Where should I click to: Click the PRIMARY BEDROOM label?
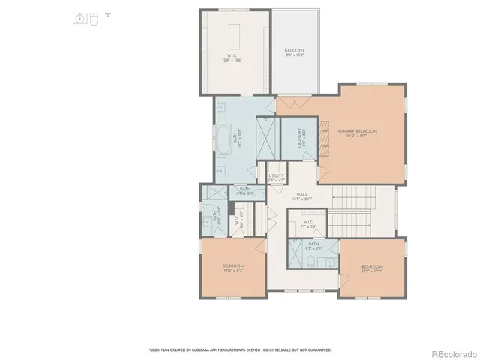[357, 130]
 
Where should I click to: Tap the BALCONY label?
[293, 51]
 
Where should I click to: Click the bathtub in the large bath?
[223, 139]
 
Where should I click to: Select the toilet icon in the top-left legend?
[93, 18]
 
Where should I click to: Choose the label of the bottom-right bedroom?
[372, 267]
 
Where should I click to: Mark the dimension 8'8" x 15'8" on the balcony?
[293, 56]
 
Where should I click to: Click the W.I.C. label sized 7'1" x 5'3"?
[308, 223]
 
